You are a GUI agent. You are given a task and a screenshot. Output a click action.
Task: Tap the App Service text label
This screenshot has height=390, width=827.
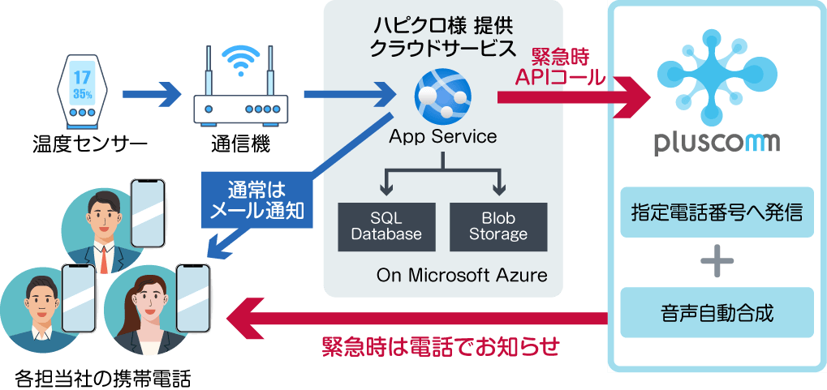[x=442, y=136]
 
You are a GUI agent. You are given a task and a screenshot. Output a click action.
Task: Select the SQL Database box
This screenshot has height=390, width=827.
[x=386, y=226]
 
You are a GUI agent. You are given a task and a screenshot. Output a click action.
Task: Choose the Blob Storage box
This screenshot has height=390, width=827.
[x=498, y=226]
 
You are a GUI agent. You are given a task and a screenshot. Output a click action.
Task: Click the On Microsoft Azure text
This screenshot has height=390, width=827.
[x=462, y=275]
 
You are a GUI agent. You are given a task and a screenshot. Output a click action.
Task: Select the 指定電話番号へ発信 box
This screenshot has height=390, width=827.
[x=717, y=213]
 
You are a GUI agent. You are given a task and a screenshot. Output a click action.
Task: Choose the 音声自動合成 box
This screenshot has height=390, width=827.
[x=717, y=312]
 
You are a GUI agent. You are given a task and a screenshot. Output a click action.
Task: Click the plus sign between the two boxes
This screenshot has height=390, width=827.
[x=717, y=262]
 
